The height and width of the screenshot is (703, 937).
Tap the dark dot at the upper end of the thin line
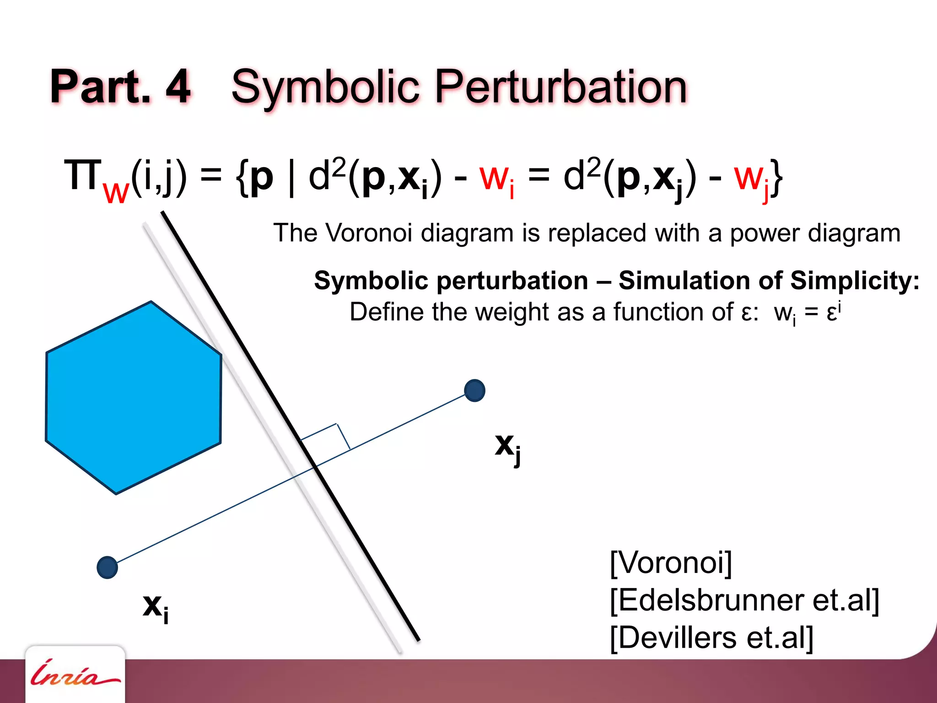pos(474,390)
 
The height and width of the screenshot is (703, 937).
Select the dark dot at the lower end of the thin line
pos(108,568)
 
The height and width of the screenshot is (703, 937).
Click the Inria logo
pos(75,674)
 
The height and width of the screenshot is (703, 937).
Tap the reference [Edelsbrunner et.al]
pos(744,600)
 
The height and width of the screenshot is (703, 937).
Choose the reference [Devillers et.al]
pos(711,638)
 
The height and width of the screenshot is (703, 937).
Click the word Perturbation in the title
pos(561,87)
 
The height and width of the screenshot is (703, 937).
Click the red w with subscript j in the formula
pos(751,179)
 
